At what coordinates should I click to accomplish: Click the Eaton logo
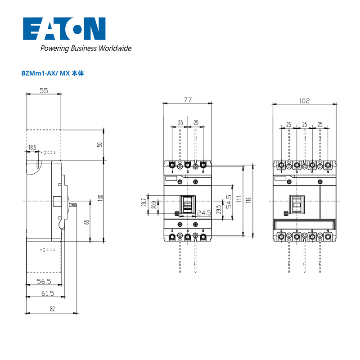pos(64,29)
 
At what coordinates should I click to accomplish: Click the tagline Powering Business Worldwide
pos(86,48)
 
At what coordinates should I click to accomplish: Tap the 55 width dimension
pos(44,91)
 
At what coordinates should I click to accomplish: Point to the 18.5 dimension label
pos(32,148)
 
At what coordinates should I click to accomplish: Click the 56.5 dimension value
pos(44,281)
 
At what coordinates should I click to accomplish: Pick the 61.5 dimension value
pos(48,293)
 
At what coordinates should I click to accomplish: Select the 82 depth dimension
pos(52,309)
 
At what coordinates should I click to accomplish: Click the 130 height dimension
pos(100,198)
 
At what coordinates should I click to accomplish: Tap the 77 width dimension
pos(188,100)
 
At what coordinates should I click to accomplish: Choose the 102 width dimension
pos(305,101)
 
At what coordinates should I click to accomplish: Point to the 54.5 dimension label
pos(229,202)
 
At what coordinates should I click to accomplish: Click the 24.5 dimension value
pos(204,213)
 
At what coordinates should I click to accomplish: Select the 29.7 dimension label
pos(144,202)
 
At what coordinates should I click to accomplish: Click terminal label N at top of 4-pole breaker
pos(328,172)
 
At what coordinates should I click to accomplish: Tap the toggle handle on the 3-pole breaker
pos(188,204)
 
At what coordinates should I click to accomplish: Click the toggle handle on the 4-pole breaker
pos(297,204)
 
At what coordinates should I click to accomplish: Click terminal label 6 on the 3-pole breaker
pos(203,231)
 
